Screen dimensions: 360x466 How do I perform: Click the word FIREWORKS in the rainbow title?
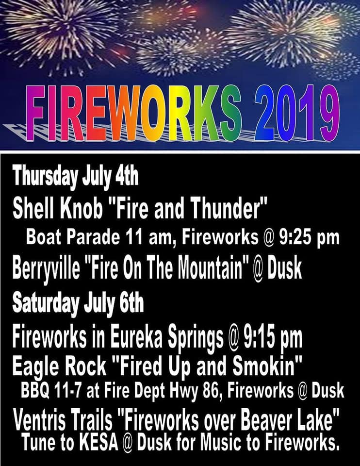coord(133,113)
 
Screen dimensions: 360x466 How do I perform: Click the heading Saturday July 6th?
coord(78,303)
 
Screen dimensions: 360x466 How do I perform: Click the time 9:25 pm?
coord(309,238)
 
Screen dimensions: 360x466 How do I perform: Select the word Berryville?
coord(47,269)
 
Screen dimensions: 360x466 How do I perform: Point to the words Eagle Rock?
coord(59,366)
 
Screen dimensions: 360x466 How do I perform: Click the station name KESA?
coord(98,443)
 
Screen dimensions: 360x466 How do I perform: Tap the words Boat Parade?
coord(73,237)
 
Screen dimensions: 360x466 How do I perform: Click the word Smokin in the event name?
coord(264,366)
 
